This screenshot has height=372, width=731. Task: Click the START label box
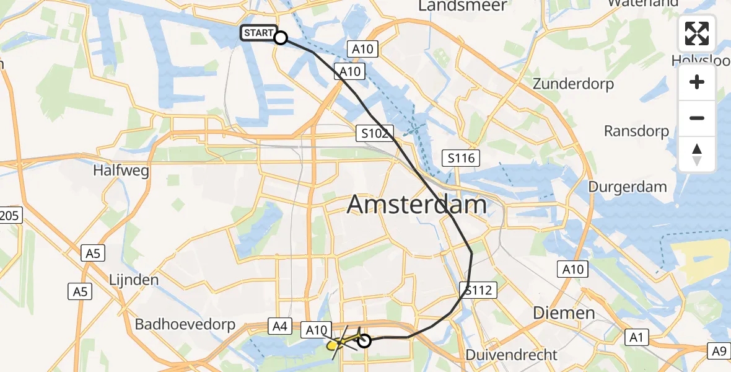(257, 33)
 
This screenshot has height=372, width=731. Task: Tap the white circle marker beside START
(281, 38)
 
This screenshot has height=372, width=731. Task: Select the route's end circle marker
(364, 340)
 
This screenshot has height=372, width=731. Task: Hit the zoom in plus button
(697, 82)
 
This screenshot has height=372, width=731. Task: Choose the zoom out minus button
(697, 118)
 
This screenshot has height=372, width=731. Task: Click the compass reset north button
(697, 154)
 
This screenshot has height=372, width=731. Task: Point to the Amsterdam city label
(416, 204)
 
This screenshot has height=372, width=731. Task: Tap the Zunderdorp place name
(574, 84)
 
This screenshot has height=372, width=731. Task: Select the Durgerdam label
(628, 187)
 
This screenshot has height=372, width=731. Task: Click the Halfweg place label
(121, 170)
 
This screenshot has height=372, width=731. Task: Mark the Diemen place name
(564, 312)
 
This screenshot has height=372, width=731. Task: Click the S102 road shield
(375, 133)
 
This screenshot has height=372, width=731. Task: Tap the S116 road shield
(462, 158)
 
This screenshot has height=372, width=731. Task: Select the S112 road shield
(478, 289)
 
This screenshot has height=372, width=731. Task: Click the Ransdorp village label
(636, 131)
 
